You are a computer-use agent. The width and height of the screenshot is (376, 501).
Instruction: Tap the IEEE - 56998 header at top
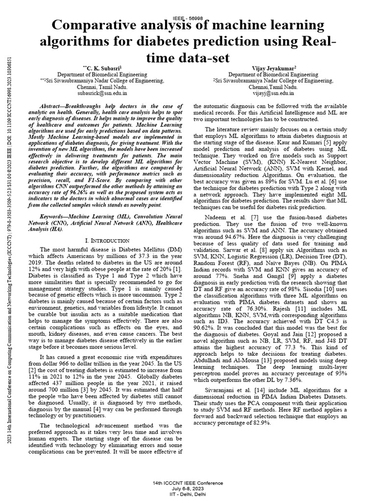[x=188, y=16]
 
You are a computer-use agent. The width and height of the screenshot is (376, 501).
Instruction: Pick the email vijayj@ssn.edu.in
[x=273, y=91]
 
